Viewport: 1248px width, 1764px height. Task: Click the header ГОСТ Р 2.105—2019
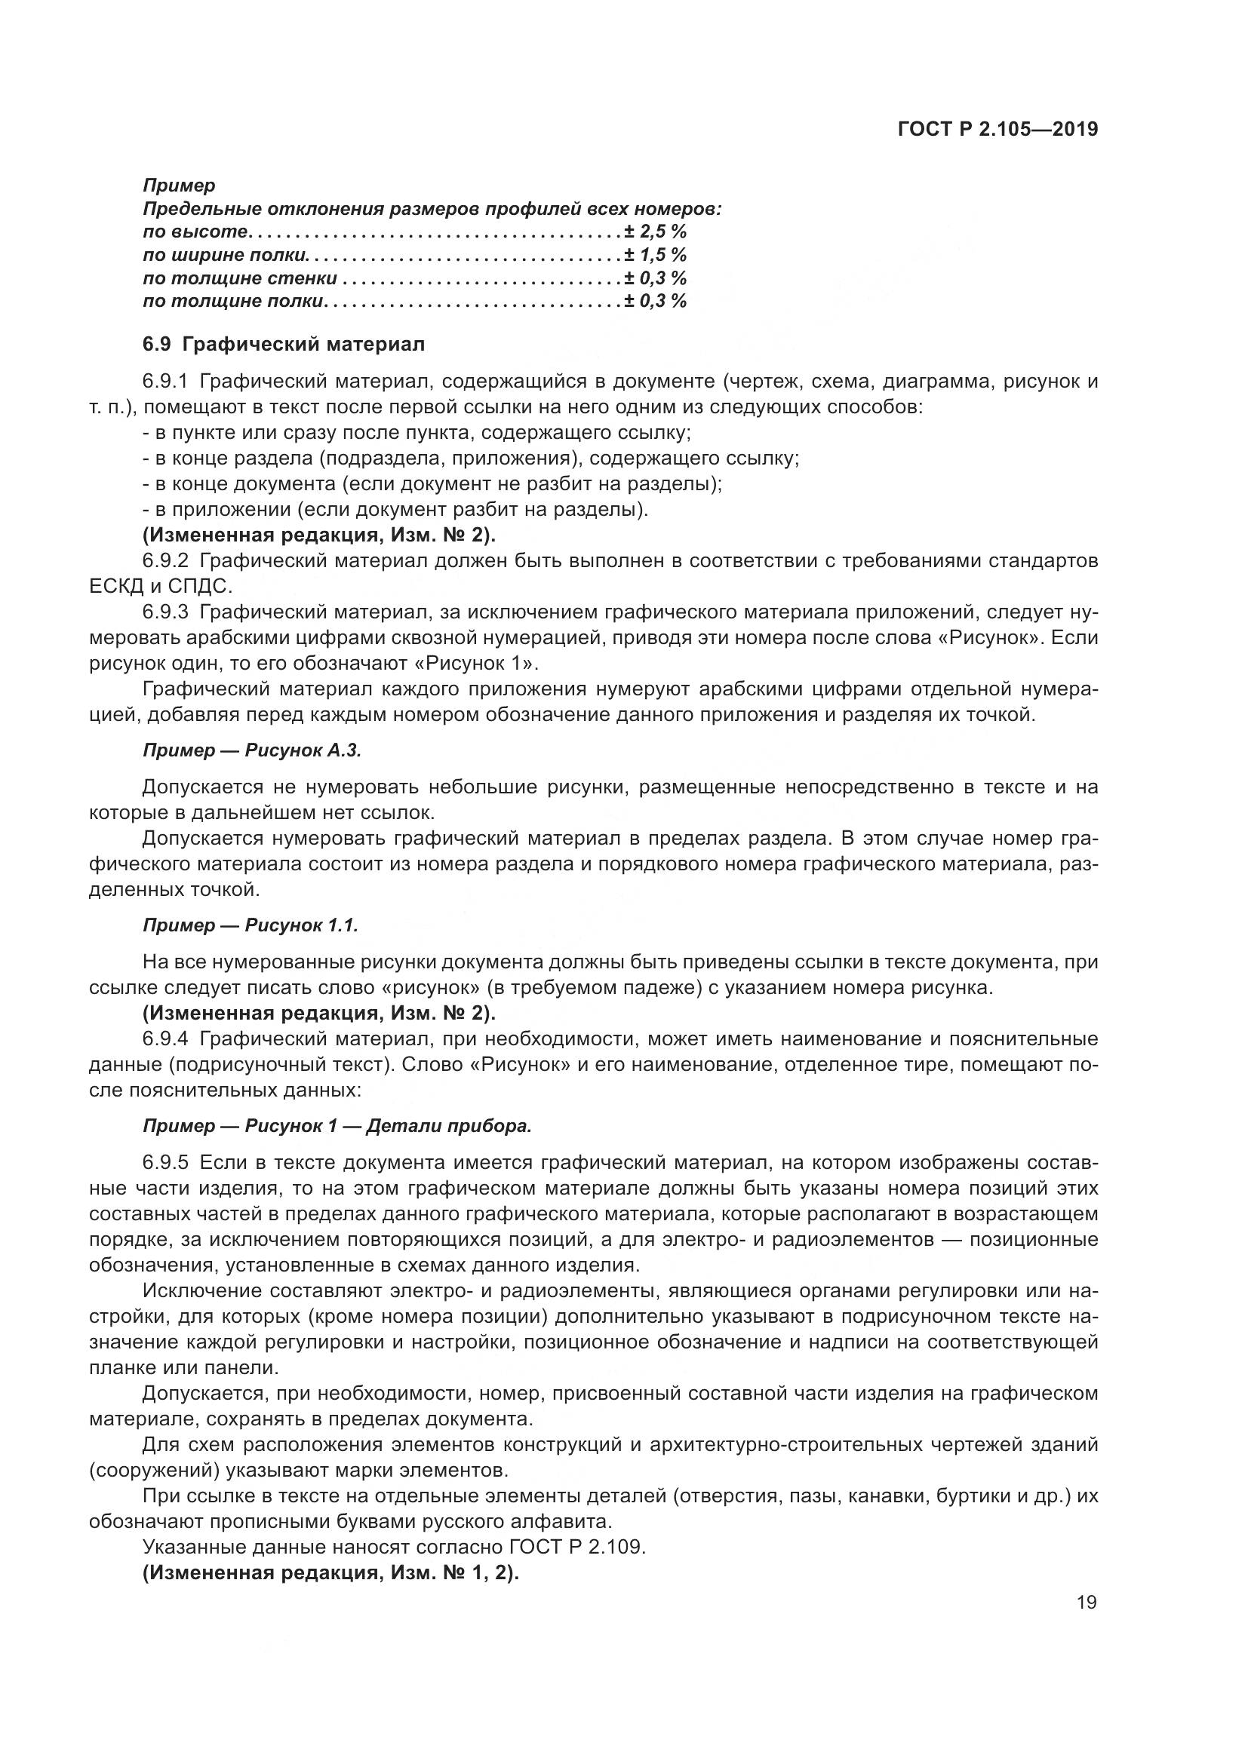[x=997, y=130]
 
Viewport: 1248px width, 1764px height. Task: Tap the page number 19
[x=1087, y=1602]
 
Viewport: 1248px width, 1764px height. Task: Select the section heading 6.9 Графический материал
[x=284, y=344]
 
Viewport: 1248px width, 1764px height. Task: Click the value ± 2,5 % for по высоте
[x=655, y=232]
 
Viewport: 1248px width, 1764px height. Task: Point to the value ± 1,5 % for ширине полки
[x=655, y=254]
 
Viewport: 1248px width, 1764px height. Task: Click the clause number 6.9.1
[x=165, y=381]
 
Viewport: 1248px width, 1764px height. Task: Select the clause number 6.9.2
[x=165, y=561]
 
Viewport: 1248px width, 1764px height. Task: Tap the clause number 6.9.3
[x=165, y=612]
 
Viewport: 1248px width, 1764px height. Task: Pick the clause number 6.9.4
[x=165, y=1039]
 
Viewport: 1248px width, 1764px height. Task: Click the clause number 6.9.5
[x=165, y=1162]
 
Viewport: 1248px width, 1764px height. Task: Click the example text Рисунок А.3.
[x=303, y=750]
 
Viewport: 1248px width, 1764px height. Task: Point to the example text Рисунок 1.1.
[x=301, y=926]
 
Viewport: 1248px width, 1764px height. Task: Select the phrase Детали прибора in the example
[x=449, y=1126]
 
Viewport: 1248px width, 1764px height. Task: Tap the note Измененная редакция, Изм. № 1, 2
[x=331, y=1572]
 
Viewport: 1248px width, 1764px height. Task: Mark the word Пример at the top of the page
[x=179, y=186]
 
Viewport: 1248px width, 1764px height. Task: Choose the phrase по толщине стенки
[x=240, y=278]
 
